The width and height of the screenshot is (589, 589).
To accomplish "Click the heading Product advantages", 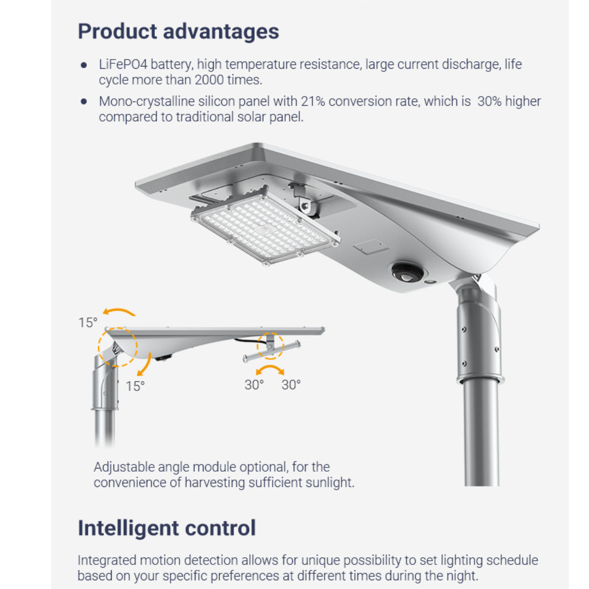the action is [x=178, y=31].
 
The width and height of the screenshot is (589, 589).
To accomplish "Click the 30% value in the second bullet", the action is [x=489, y=101].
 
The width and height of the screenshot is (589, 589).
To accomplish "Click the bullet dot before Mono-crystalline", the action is [x=84, y=101].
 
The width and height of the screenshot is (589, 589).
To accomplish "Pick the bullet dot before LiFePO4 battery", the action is [x=84, y=65].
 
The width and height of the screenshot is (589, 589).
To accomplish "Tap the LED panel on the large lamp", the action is [x=265, y=227].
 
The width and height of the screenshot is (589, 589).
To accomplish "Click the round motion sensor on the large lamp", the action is [x=407, y=272].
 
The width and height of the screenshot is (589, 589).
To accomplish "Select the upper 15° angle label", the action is [x=88, y=323].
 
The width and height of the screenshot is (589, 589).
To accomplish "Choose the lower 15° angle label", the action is [x=135, y=386].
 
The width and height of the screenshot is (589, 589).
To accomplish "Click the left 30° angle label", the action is [x=254, y=384].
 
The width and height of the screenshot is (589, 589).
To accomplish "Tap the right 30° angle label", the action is [x=291, y=384].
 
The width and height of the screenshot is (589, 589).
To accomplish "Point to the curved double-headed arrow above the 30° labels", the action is [x=270, y=366].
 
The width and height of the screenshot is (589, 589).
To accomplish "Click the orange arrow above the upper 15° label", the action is [x=119, y=310].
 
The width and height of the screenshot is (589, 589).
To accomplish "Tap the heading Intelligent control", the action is [x=167, y=528].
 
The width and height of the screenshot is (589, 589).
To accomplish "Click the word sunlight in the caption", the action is [x=329, y=482].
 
